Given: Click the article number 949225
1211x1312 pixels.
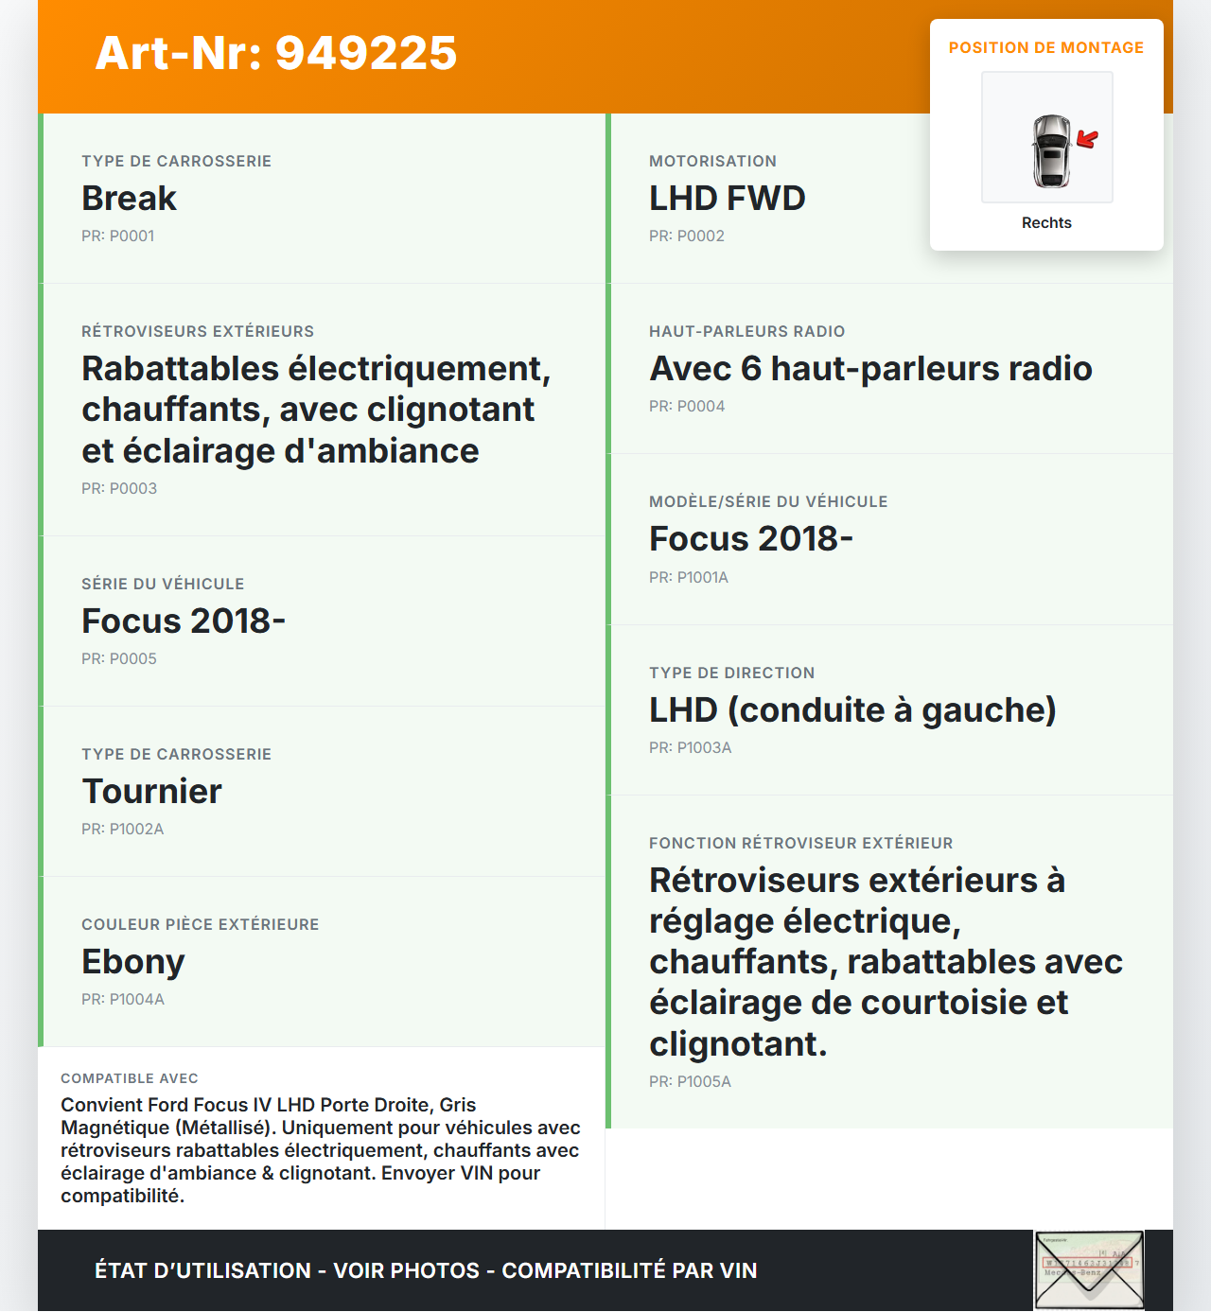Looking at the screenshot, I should click(x=276, y=53).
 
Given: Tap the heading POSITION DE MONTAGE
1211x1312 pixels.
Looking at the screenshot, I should click(x=1045, y=47).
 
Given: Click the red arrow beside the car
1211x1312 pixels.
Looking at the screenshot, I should click(x=1087, y=140).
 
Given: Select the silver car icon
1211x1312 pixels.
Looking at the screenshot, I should click(x=1051, y=151).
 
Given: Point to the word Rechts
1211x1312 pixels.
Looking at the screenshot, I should click(x=1046, y=222).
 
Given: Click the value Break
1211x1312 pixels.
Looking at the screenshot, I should click(x=129, y=199).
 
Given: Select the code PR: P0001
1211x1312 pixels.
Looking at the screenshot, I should click(x=117, y=236).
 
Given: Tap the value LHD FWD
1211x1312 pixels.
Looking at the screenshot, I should click(x=727, y=199).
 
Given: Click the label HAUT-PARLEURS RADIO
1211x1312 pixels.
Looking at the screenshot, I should click(x=746, y=331).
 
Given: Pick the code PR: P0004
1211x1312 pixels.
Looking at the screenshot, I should click(x=687, y=406).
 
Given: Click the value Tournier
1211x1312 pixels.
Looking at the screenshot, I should click(x=151, y=792).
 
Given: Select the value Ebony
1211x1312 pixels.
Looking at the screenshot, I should click(x=132, y=962).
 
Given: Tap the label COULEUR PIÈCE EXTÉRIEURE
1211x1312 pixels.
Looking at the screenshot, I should click(x=200, y=924).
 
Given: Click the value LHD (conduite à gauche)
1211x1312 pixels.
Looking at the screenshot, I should click(x=852, y=710).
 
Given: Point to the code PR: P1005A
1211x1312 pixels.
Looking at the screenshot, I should click(x=690, y=1081).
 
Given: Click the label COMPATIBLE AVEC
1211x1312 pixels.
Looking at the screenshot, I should click(x=130, y=1078).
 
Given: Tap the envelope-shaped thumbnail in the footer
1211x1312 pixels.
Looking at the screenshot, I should click(x=1089, y=1270).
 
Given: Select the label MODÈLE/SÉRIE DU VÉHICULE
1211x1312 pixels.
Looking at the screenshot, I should click(x=768, y=501).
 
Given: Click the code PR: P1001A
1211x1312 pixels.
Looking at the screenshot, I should click(x=689, y=577).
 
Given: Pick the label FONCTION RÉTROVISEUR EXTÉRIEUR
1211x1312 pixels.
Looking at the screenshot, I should click(x=800, y=843).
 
